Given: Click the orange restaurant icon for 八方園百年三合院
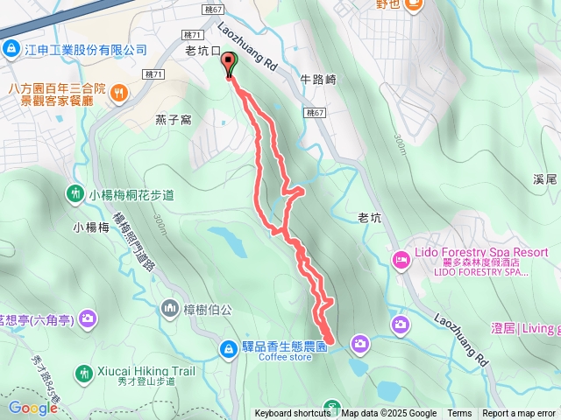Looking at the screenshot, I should (119, 91).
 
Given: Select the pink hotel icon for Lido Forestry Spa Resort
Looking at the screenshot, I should (401, 259).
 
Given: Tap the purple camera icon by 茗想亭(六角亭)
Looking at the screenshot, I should (87, 320).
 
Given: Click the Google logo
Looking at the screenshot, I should (32, 407).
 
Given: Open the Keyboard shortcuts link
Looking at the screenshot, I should (293, 414).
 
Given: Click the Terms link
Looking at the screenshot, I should (459, 414).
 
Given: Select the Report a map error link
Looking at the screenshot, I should (519, 414).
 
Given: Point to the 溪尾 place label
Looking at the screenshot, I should (543, 179).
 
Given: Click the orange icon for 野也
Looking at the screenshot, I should (414, 3).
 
